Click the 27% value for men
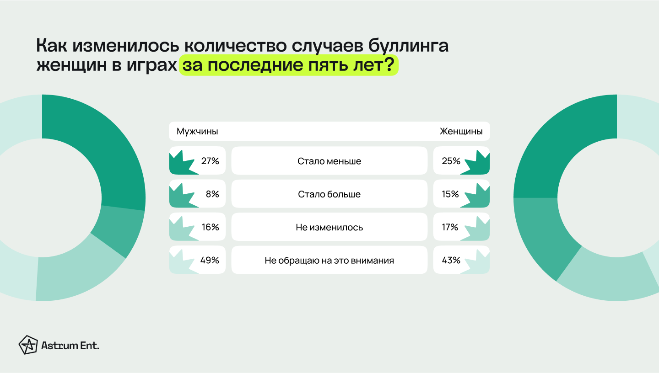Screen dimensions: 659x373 (x=210, y=161)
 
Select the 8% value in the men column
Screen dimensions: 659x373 (x=212, y=194)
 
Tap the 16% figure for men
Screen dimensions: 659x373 (x=211, y=227)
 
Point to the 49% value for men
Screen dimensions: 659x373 (x=210, y=260)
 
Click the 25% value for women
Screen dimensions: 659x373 (x=451, y=161)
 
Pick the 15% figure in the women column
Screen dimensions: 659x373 (x=450, y=194)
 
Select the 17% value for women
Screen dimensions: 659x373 (x=450, y=227)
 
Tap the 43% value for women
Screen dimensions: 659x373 (x=451, y=260)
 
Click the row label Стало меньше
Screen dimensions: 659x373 (x=329, y=161)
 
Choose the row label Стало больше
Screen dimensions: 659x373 (x=329, y=194)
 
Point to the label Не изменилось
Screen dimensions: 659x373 (x=329, y=227)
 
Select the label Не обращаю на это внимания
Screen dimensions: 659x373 (x=329, y=261)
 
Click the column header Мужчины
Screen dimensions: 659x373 (x=197, y=131)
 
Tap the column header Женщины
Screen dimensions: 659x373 (x=461, y=131)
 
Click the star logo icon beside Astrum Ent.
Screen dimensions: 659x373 (x=28, y=345)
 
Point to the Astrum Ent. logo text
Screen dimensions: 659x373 (x=70, y=346)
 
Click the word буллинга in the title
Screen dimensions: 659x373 (x=408, y=46)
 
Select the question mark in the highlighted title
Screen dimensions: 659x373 (x=389, y=64)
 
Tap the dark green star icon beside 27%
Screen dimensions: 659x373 (x=183, y=163)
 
